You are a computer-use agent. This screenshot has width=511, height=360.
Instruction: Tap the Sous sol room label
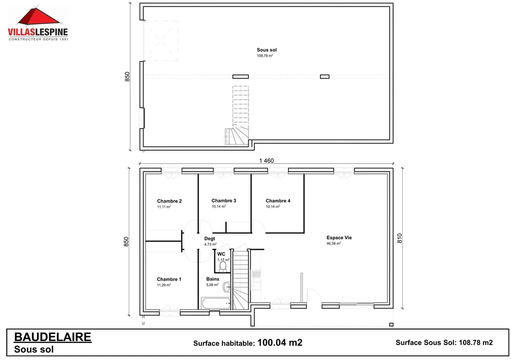click(266, 50)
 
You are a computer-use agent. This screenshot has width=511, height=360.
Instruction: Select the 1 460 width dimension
click(266, 161)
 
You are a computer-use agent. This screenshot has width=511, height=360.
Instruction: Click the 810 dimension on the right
click(399, 238)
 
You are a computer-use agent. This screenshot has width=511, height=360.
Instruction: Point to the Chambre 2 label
click(169, 201)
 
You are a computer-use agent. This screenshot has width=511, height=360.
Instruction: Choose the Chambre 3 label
click(224, 201)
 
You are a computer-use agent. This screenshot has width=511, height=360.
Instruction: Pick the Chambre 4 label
click(278, 201)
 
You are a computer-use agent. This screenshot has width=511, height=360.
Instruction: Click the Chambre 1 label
click(169, 279)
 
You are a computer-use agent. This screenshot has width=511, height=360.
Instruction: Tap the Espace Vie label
click(339, 238)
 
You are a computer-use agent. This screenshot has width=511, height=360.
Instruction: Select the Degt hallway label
click(210, 239)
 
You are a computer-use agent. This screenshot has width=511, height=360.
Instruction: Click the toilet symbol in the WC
click(223, 267)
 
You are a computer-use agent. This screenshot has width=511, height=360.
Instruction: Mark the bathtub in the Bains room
click(216, 303)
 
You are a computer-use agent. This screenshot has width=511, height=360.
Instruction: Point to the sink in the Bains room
click(227, 287)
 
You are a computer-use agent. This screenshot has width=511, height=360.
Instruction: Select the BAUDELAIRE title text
click(52, 337)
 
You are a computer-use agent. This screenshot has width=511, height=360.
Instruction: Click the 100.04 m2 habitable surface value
click(279, 343)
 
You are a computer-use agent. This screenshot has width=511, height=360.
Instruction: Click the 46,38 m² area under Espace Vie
click(333, 244)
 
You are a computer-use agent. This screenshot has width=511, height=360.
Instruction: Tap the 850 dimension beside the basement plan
click(127, 77)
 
